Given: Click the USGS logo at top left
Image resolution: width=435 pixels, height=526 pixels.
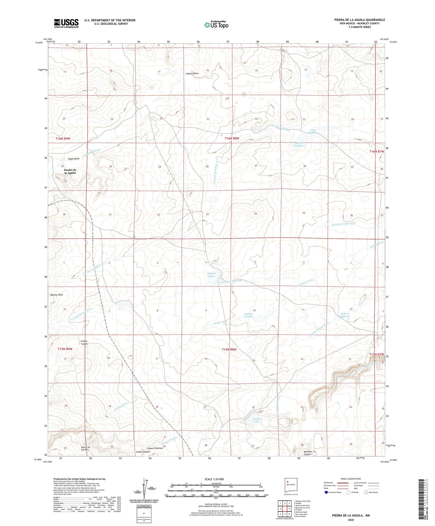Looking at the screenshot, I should click(66, 23).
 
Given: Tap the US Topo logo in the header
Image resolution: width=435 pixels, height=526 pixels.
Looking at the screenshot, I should click(216, 25).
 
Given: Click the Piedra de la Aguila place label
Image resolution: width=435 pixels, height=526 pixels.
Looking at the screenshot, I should click(70, 171).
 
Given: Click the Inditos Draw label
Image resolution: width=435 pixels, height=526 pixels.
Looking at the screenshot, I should click(192, 73).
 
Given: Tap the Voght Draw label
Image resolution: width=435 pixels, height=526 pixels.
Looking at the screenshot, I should click(74, 159).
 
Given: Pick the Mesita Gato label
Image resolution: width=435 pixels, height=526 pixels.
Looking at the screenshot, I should click(57, 295).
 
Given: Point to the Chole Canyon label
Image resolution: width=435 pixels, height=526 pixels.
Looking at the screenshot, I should click(143, 452).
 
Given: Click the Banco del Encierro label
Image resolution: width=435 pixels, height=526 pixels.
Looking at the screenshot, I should click(85, 448).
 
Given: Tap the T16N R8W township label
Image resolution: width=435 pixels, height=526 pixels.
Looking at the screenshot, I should click(232, 138).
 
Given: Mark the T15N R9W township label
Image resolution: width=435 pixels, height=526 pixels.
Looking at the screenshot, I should click(65, 349).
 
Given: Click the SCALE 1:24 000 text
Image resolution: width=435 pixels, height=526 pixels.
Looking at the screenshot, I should click(214, 479).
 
